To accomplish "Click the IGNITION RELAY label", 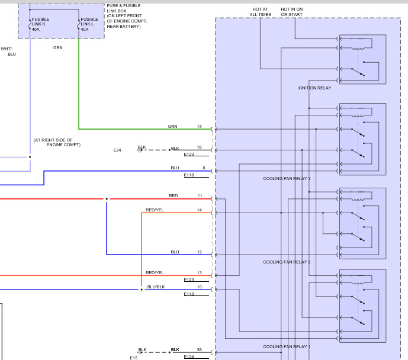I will (x=314, y=88).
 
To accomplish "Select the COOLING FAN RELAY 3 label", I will (x=287, y=178).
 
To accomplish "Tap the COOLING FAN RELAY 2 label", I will (x=287, y=262).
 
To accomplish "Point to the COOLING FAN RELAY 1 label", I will (x=287, y=346).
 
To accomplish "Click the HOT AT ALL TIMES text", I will (x=261, y=12).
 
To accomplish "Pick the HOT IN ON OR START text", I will (x=291, y=12).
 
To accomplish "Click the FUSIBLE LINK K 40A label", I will (x=40, y=24).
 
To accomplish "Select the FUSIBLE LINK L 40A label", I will (x=89, y=24).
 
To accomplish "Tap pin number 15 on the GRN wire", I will (x=200, y=127).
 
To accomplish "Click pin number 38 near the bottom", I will (x=200, y=350).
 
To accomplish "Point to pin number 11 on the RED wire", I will (x=200, y=195).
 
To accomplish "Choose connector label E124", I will (x=189, y=357).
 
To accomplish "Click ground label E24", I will (x=117, y=150).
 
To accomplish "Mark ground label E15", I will (x=134, y=358).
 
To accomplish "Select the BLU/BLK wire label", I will (x=156, y=287).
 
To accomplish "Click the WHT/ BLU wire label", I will (x=8, y=52).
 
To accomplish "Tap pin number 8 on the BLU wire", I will (x=204, y=168).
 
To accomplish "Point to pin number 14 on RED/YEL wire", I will (x=200, y=210).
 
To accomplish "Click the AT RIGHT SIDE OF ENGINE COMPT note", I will (x=57, y=142).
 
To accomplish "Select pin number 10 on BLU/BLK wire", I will (x=200, y=287).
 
